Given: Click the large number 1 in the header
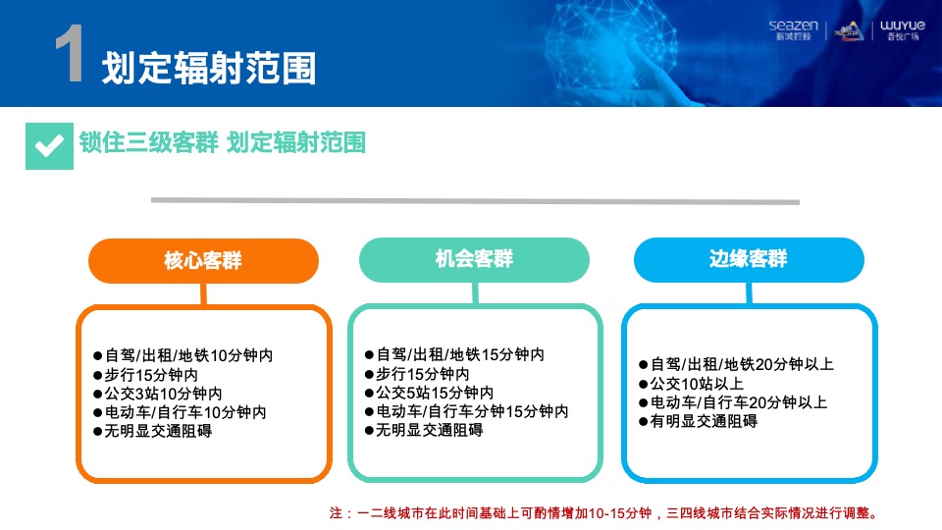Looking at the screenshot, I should (x=69, y=57).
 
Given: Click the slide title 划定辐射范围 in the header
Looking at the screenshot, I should (x=209, y=68).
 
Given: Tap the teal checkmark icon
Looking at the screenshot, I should (x=49, y=145).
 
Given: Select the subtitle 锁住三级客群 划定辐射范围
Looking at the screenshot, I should (x=223, y=143).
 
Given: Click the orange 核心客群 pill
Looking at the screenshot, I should (x=203, y=261).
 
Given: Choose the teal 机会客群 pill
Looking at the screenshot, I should (x=474, y=260).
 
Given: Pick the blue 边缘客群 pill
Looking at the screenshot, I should (x=748, y=260).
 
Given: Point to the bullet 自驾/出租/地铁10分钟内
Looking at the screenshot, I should (x=183, y=355).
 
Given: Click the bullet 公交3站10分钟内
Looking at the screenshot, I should (x=163, y=394).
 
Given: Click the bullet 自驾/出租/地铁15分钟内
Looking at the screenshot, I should (x=454, y=355).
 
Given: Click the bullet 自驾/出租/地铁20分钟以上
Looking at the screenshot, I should (x=736, y=365).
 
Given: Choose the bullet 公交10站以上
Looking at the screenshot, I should (x=691, y=384).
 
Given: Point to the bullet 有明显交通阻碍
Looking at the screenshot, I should (x=698, y=421).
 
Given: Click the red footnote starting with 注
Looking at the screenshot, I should (x=603, y=512).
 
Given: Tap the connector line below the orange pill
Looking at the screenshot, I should (x=204, y=293).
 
